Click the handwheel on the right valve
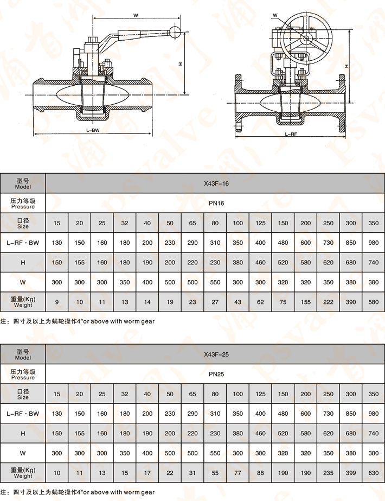pyautogui.click(x=306, y=37)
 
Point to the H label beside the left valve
pyautogui.click(x=180, y=64)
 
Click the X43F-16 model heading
pyautogui.click(x=216, y=183)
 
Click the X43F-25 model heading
pyautogui.click(x=216, y=354)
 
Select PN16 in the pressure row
pyautogui.click(x=216, y=203)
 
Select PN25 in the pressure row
pyautogui.click(x=216, y=374)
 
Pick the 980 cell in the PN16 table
pyautogui.click(x=374, y=243)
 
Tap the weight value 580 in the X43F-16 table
pyautogui.click(x=374, y=302)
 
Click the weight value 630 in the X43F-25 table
pyautogui.click(x=374, y=473)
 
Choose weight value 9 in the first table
pyautogui.click(x=57, y=302)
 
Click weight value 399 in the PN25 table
pyautogui.click(x=351, y=473)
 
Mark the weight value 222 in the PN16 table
pyautogui.click(x=329, y=302)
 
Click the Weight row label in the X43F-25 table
pyautogui.click(x=23, y=473)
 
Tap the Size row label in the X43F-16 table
pyautogui.click(x=23, y=223)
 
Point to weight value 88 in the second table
pyautogui.click(x=260, y=473)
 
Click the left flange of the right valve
pyautogui.click(x=239, y=102)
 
